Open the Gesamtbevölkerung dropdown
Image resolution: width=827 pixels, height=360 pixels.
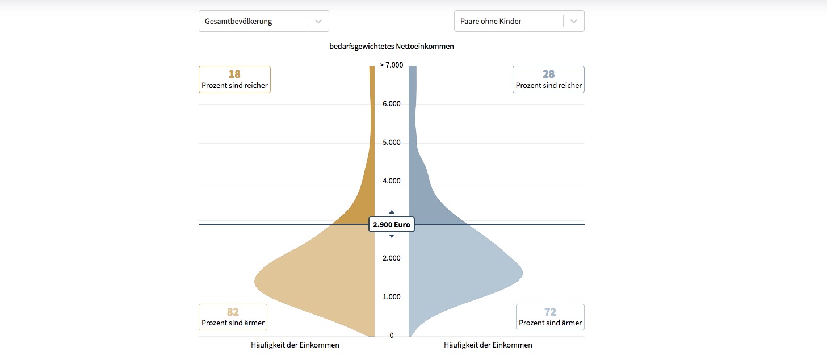(x=263, y=21)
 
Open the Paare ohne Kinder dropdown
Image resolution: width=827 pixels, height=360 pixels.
(x=519, y=21)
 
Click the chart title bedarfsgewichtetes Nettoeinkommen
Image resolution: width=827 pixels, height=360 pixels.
(x=392, y=47)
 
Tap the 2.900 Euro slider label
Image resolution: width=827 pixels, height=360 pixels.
(x=392, y=225)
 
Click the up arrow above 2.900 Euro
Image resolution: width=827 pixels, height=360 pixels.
(x=392, y=212)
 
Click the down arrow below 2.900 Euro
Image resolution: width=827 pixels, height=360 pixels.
(x=392, y=236)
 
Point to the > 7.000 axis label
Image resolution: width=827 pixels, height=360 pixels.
(x=392, y=65)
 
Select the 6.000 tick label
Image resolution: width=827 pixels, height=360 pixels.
(x=392, y=104)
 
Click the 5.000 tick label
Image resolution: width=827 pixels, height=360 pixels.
(x=392, y=143)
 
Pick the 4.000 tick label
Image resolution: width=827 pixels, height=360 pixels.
(x=392, y=181)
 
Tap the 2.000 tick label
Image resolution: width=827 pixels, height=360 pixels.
(x=392, y=258)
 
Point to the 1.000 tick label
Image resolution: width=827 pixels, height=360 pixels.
(x=392, y=297)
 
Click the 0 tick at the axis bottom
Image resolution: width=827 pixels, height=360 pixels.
(x=392, y=336)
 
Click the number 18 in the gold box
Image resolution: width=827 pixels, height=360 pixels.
(x=234, y=74)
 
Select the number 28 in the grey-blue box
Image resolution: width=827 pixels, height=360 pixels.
(x=548, y=74)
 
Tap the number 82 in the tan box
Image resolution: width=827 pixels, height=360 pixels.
(x=233, y=312)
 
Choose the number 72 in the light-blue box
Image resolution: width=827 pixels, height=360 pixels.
(x=550, y=312)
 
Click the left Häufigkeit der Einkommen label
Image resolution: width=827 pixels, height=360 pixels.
(x=295, y=345)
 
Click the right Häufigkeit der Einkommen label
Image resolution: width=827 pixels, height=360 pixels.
(x=488, y=345)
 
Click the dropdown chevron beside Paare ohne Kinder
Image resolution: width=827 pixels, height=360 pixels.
(x=574, y=21)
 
